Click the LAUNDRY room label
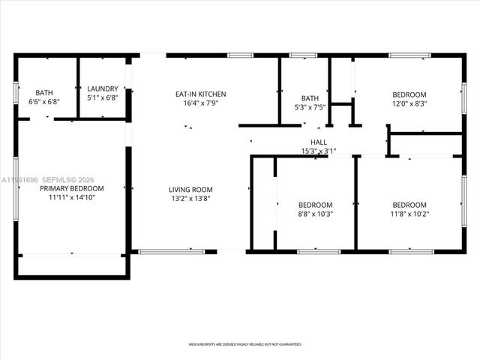102,88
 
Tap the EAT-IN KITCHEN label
200,94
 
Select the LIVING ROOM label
190,190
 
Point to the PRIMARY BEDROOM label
72,188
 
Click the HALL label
319,142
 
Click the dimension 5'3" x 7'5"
310,107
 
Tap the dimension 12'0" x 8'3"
409,104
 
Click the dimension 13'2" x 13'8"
190,199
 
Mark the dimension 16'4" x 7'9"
200,103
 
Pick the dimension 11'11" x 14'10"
72,197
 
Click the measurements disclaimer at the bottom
244,345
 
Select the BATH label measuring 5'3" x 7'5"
310,98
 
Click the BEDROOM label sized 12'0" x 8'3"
409,94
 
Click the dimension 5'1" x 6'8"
102,97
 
